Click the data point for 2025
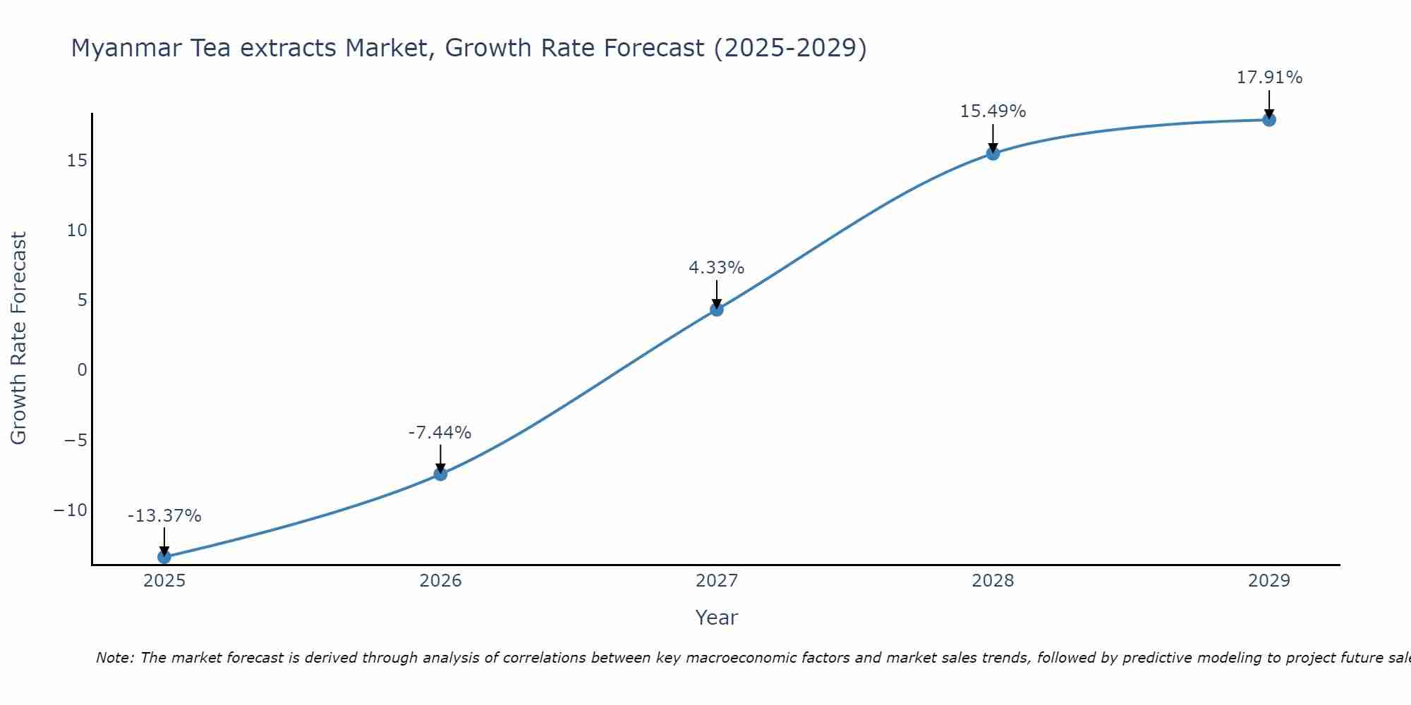[x=164, y=557]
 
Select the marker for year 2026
[x=440, y=474]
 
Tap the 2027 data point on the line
[x=717, y=309]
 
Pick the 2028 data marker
[x=993, y=153]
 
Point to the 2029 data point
[x=1269, y=120]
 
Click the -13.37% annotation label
[x=164, y=516]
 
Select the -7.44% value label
[x=440, y=433]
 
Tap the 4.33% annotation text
[x=716, y=268]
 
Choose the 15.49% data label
[x=993, y=111]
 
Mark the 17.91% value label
[x=1269, y=78]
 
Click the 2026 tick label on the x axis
[x=440, y=581]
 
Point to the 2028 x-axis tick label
[x=993, y=581]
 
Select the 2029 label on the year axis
[x=1269, y=581]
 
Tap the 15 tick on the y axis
[x=77, y=161]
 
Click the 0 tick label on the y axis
[x=83, y=370]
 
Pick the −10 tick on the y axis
[x=71, y=510]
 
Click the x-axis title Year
[x=717, y=618]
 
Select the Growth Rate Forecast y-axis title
[x=18, y=338]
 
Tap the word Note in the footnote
[x=114, y=658]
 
